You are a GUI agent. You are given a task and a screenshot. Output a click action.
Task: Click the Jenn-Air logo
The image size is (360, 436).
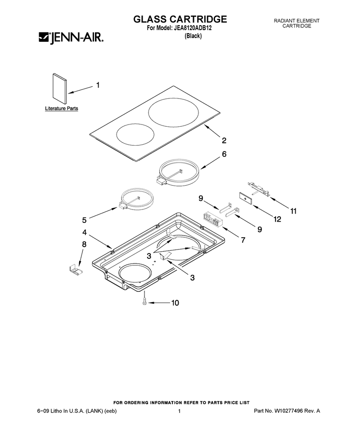tap(71, 38)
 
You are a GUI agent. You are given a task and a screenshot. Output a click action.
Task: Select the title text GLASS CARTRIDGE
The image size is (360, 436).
tap(180, 19)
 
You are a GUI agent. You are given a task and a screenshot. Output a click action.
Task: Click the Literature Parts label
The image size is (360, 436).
tap(62, 108)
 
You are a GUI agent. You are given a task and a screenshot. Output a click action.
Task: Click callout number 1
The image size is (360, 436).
tap(98, 85)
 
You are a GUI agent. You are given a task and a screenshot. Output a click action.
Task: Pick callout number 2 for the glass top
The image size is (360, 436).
tap(224, 140)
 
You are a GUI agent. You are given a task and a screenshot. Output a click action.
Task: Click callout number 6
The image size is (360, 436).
tap(224, 154)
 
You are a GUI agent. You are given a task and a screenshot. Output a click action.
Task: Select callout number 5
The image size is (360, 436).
tap(84, 220)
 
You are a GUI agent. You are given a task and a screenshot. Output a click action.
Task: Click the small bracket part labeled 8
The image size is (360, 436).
tap(76, 269)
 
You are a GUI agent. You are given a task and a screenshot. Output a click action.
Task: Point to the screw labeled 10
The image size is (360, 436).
tap(144, 298)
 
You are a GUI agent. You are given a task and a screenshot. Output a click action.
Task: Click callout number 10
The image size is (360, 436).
tap(175, 303)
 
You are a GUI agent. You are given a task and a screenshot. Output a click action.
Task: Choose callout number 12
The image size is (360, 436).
tap(277, 219)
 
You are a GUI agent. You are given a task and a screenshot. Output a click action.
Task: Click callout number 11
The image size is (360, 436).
tap(293, 211)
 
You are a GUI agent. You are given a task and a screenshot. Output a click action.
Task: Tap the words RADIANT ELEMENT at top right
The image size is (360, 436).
tap(297, 21)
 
